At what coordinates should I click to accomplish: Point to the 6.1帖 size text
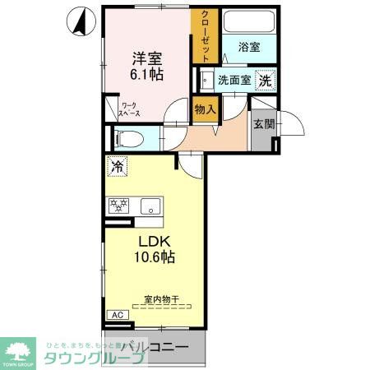(146, 75)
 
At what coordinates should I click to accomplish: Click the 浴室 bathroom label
(250, 48)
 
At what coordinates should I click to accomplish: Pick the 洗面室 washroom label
(234, 81)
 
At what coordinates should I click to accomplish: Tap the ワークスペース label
(129, 109)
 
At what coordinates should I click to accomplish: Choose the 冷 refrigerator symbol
(117, 165)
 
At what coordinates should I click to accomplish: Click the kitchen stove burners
(118, 206)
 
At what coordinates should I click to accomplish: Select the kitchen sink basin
(150, 206)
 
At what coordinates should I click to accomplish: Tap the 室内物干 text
(160, 299)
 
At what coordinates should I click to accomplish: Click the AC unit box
(118, 314)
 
